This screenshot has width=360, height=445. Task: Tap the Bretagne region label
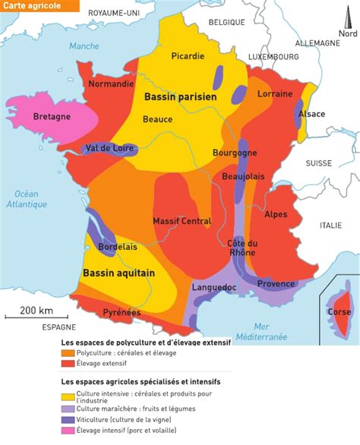coord(52,116)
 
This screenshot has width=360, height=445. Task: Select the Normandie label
coord(111,84)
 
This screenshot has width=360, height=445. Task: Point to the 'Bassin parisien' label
coord(180,97)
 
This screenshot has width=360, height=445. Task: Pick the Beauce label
coord(158,118)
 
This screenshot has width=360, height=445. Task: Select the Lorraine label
coord(275,94)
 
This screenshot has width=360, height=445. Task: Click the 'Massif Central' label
coord(182,221)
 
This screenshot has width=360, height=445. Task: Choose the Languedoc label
coord(215,288)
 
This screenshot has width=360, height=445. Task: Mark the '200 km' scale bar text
coord(36,311)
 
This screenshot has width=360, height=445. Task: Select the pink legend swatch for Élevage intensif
coord(68,429)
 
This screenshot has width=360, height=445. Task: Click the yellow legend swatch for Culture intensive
coord(68,396)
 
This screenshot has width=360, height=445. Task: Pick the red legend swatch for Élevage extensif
coord(68,363)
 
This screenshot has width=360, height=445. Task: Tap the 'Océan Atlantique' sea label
coord(27,199)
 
